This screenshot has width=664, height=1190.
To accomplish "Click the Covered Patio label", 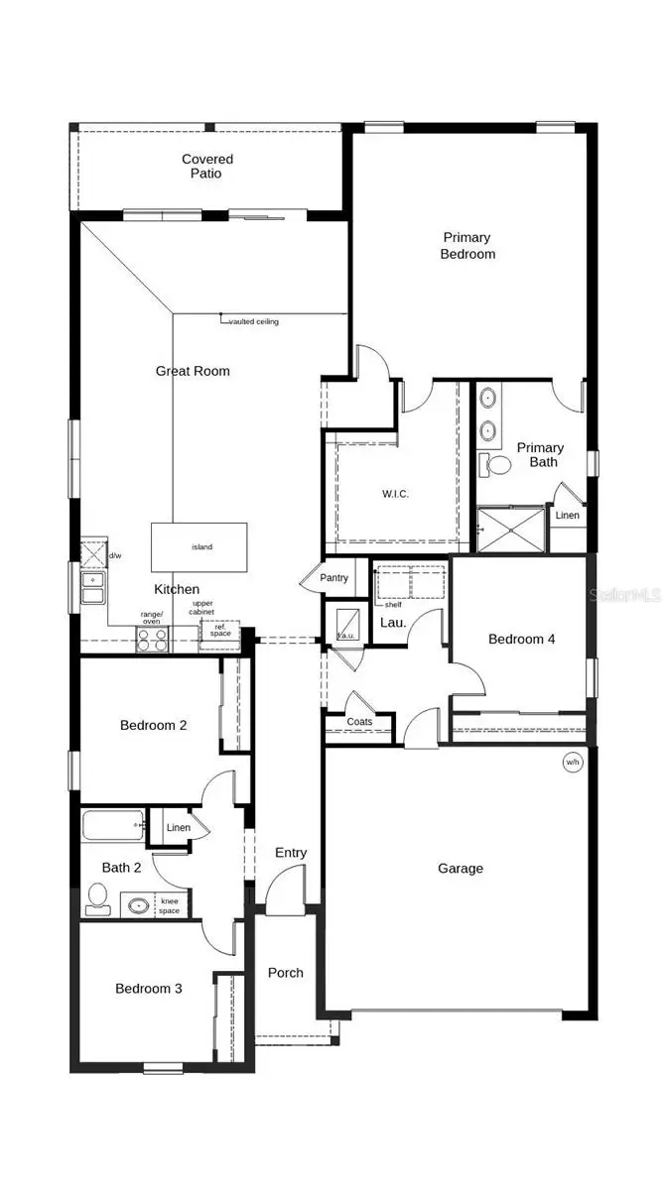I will [207, 167].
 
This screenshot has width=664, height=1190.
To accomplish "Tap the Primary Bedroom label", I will [467, 245].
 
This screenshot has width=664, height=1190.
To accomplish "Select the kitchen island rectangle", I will [199, 546].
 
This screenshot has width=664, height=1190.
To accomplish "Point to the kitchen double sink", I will [92, 589].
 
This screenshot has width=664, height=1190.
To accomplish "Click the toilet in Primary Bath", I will [495, 464].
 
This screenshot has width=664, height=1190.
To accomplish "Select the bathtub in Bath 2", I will [113, 825].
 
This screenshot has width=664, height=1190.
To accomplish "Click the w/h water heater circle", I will [572, 763].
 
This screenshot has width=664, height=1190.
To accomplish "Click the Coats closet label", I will [359, 721].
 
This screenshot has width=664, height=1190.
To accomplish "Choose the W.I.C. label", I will [396, 494].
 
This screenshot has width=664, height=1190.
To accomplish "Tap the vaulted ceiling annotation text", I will [254, 322].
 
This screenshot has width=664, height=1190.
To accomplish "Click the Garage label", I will [461, 869].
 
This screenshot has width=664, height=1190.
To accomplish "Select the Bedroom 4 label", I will [521, 640].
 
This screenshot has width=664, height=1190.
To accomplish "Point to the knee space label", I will [170, 905].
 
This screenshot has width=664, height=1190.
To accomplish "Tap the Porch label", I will [286, 973].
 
